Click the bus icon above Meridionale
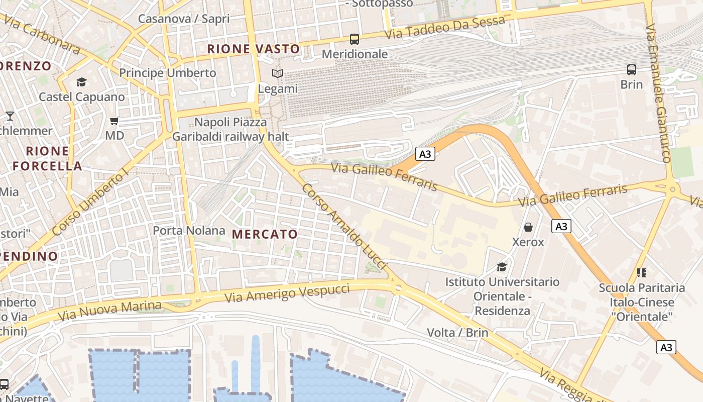coord(354,39)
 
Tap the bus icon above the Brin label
coord(631,70)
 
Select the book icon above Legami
coord(277,74)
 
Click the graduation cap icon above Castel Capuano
coord(81,82)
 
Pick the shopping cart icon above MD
coord(114,121)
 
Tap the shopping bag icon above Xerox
coord(528,227)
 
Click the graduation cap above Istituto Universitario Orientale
coord(502,267)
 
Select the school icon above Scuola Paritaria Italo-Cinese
coord(641,273)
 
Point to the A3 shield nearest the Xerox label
coord(561,227)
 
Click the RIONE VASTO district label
coord(254,49)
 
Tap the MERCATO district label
coord(265,234)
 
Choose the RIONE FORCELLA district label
coord(47,158)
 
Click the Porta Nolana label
coord(189,231)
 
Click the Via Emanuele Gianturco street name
coord(658,93)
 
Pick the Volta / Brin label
coord(457,332)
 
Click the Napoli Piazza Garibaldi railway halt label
coord(230,129)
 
